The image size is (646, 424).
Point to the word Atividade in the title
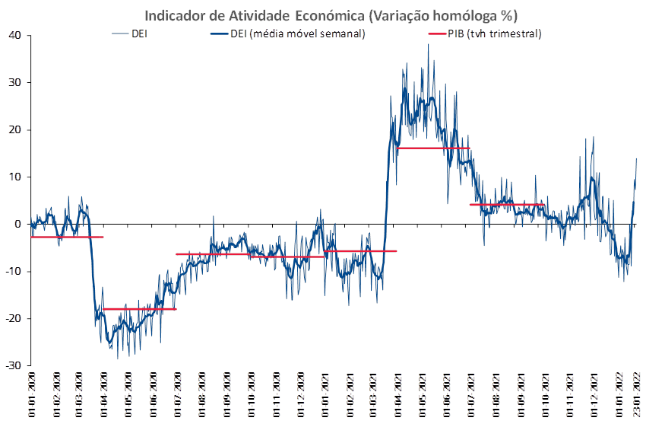point(253,16)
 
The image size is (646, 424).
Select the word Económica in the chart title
point(328,16)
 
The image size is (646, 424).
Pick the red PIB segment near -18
point(138,309)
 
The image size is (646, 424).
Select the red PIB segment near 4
point(507,204)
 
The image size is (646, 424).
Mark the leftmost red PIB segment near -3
point(67,238)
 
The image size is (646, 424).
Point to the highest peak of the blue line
point(428,44)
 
